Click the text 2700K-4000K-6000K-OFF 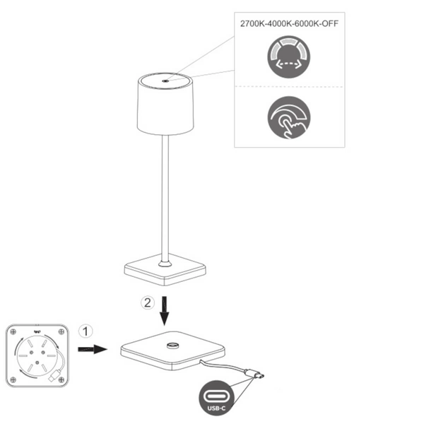point(289,24)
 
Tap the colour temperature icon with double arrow point(289,59)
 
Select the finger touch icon point(289,116)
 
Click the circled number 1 point(85,331)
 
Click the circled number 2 point(147,303)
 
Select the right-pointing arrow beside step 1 point(92,348)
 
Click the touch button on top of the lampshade point(165,81)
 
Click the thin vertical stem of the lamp point(165,198)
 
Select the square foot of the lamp point(165,269)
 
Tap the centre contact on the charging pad point(172,346)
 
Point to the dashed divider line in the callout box point(289,87)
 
